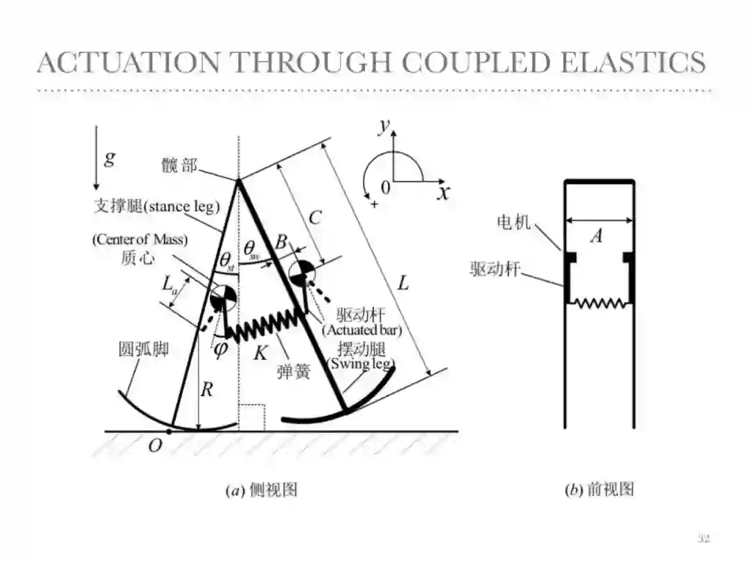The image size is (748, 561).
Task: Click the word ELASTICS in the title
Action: (x=632, y=62)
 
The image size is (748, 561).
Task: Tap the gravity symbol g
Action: (x=109, y=158)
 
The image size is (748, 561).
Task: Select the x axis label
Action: (x=443, y=192)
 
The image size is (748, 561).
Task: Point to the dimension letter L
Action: (x=404, y=283)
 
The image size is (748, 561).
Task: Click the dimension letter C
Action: (x=315, y=217)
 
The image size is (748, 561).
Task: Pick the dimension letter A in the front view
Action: (x=596, y=236)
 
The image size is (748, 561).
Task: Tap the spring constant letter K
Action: (x=260, y=353)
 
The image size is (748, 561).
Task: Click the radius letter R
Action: (x=206, y=390)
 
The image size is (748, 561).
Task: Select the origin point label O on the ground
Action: (x=155, y=446)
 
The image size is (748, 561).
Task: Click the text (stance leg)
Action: (x=181, y=206)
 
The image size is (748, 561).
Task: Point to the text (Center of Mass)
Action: (x=140, y=240)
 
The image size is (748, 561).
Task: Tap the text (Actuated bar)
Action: (x=362, y=330)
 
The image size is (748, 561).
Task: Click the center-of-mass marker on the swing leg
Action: (x=301, y=272)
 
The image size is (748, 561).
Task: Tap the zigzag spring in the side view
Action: (x=264, y=325)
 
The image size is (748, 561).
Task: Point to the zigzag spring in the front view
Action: (x=599, y=303)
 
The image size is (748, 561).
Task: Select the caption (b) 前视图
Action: (x=599, y=490)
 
